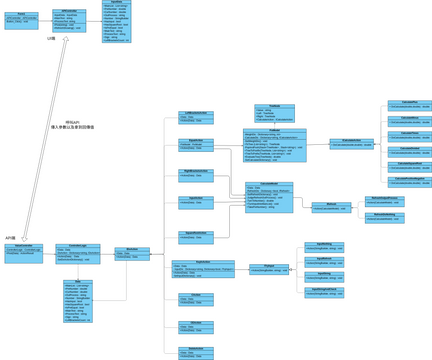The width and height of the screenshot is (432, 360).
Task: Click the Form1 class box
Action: point(21,20)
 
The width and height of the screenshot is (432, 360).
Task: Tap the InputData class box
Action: point(117,20)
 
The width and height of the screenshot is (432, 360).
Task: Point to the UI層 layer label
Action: point(51,39)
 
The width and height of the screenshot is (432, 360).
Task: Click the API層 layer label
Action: point(10,238)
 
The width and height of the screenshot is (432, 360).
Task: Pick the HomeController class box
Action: point(24,252)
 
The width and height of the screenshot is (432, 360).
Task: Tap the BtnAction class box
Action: point(132,254)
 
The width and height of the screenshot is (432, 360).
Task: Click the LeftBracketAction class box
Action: point(195,117)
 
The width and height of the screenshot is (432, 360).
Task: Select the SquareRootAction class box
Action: point(196,237)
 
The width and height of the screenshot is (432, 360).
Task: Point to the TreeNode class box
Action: point(273,113)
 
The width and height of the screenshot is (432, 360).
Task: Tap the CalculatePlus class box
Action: point(409,104)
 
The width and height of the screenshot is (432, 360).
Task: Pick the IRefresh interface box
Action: point(331,207)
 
